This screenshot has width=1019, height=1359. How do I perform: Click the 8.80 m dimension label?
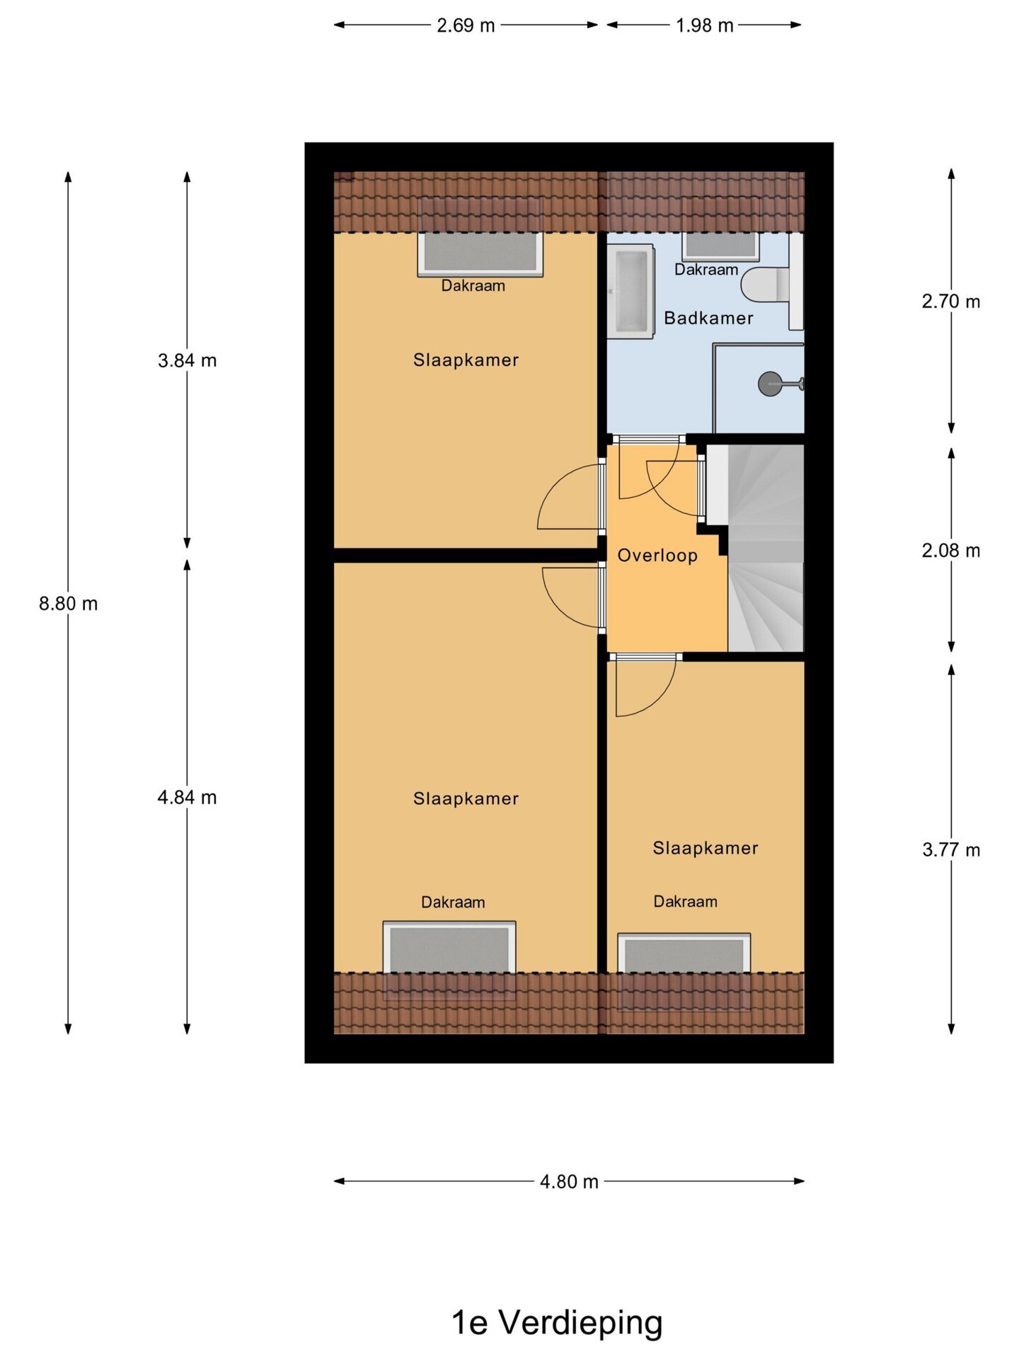point(68,604)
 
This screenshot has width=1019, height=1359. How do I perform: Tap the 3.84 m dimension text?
point(187,360)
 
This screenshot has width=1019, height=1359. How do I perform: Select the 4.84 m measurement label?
point(187,798)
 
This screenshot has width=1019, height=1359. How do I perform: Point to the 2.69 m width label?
point(466,25)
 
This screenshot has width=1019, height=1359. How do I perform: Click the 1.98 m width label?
point(704,25)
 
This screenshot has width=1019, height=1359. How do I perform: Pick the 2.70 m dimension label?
point(951,302)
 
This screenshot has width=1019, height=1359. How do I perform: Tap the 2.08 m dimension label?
point(951,551)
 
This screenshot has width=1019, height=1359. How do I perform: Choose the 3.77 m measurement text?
point(951,850)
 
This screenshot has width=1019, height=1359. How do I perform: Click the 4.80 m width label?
point(569,1182)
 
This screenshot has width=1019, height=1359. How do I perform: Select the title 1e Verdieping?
point(558,1323)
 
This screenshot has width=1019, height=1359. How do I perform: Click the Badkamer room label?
point(708,319)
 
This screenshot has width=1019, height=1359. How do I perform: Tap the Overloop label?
point(657,556)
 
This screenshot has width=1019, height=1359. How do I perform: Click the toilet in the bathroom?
point(766,285)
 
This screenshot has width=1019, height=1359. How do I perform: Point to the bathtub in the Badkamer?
point(630,291)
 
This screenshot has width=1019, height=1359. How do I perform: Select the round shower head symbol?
point(770,384)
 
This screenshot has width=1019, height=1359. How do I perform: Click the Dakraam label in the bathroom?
point(706,270)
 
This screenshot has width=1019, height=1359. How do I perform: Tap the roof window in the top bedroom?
point(480,253)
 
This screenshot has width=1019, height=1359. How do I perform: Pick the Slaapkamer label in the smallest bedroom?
point(706,848)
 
